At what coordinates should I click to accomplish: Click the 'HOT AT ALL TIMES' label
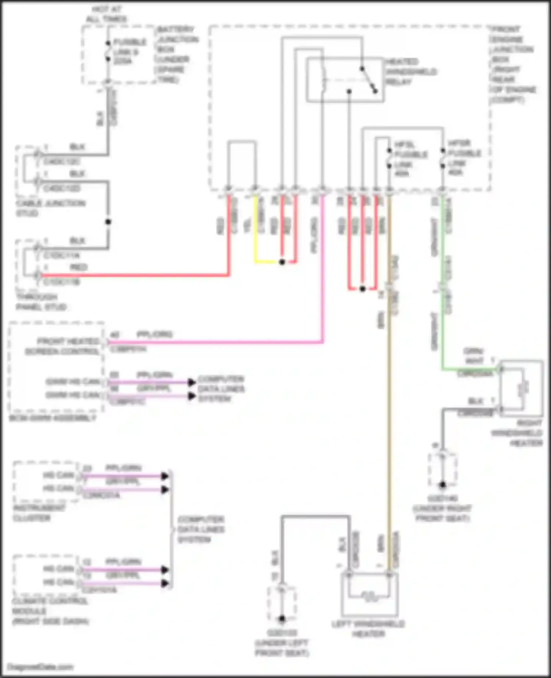[x=106, y=14]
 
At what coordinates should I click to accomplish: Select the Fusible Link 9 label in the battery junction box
[x=129, y=52]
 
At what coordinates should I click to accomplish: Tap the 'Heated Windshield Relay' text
[x=411, y=72]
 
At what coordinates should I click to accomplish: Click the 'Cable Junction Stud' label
[x=50, y=208]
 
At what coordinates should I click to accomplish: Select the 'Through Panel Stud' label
[x=41, y=302]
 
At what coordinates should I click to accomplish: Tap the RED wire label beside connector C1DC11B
[x=78, y=267]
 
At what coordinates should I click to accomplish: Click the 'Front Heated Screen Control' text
[x=62, y=346]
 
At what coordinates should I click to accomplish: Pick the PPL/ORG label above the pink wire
[x=154, y=335]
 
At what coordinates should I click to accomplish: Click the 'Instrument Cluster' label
[x=39, y=513]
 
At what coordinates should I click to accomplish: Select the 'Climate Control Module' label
[x=50, y=611]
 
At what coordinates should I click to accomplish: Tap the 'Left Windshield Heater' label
[x=368, y=629]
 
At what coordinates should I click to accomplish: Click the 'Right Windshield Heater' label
[x=517, y=433]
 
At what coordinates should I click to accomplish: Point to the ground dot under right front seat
[x=443, y=485]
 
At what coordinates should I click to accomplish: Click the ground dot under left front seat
[x=282, y=619]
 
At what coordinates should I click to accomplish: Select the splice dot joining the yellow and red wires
[x=282, y=262]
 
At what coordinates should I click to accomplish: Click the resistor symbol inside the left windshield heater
[x=369, y=596]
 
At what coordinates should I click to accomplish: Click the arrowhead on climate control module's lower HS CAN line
[x=165, y=583]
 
